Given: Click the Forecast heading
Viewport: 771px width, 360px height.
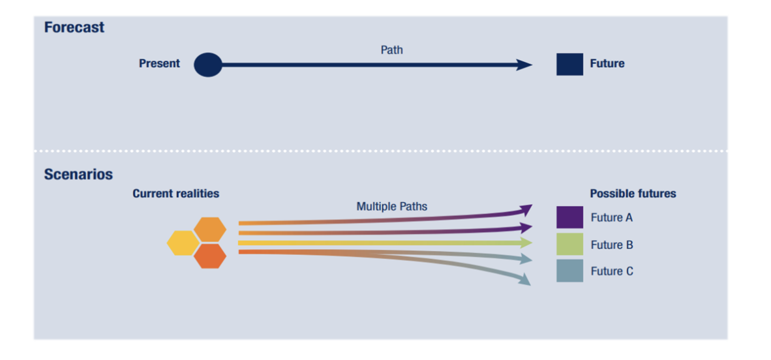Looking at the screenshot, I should [74, 28].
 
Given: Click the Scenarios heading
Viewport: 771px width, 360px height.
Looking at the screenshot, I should [78, 175].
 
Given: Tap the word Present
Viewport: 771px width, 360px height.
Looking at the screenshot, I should [159, 64].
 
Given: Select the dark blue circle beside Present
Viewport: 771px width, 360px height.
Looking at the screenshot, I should [208, 65].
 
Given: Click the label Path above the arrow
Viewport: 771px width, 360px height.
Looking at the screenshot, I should [391, 50].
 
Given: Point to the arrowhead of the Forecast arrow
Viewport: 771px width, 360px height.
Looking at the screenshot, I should [524, 65].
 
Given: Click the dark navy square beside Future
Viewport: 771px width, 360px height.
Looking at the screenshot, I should [569, 65].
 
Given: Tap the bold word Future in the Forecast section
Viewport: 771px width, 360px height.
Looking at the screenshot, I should [607, 64].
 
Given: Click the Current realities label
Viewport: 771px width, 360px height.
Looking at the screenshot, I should [175, 194].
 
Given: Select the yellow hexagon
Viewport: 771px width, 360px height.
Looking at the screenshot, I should [183, 243].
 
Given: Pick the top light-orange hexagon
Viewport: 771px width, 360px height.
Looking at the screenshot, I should [210, 230].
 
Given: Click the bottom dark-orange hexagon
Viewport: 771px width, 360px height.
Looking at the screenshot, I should [210, 256].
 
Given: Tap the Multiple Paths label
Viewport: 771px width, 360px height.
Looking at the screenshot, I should [391, 207].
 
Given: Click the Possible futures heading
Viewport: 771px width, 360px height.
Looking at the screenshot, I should [633, 194].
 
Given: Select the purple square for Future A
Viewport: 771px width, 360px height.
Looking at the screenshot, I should [569, 217].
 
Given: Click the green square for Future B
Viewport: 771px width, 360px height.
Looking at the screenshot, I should [569, 244].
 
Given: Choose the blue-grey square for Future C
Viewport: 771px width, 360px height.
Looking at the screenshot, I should [569, 271].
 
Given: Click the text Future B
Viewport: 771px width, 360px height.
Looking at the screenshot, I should [612, 245].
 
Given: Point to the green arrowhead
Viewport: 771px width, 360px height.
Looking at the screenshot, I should [526, 243].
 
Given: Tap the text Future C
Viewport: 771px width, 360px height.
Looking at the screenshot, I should [612, 271].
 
